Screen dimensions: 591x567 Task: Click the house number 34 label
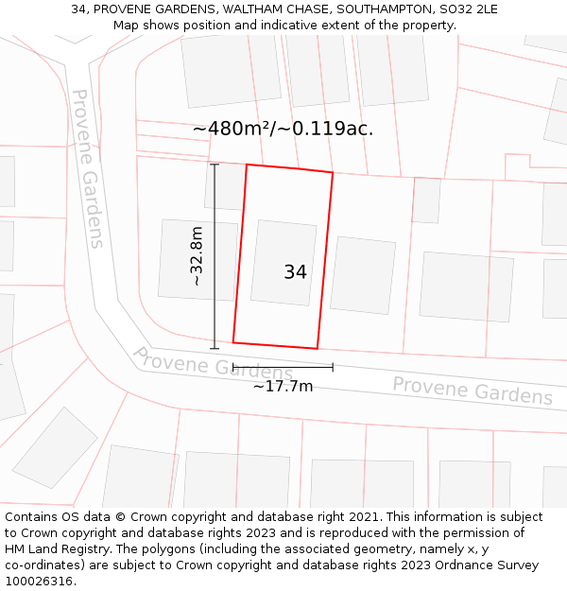pyautogui.click(x=295, y=272)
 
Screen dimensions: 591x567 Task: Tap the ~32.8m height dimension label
pyautogui.click(x=197, y=256)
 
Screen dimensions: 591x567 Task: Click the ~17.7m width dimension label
pyautogui.click(x=283, y=386)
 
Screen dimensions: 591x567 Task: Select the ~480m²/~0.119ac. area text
pyautogui.click(x=283, y=130)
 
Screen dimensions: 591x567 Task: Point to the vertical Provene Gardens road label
pyautogui.click(x=87, y=168)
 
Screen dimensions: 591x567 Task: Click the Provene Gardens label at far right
pyautogui.click(x=472, y=391)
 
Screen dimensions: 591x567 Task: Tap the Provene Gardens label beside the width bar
pyautogui.click(x=212, y=364)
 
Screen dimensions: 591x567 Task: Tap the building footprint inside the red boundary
pyautogui.click(x=283, y=262)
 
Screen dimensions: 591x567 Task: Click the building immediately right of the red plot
pyautogui.click(x=362, y=274)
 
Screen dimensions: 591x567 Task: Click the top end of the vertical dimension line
pyautogui.click(x=215, y=165)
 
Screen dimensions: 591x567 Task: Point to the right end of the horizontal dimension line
pyautogui.click(x=333, y=367)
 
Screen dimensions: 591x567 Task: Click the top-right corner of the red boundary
pyautogui.click(x=333, y=173)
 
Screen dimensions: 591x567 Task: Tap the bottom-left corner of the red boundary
pyautogui.click(x=233, y=342)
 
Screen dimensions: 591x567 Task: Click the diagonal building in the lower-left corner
pyautogui.click(x=54, y=448)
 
